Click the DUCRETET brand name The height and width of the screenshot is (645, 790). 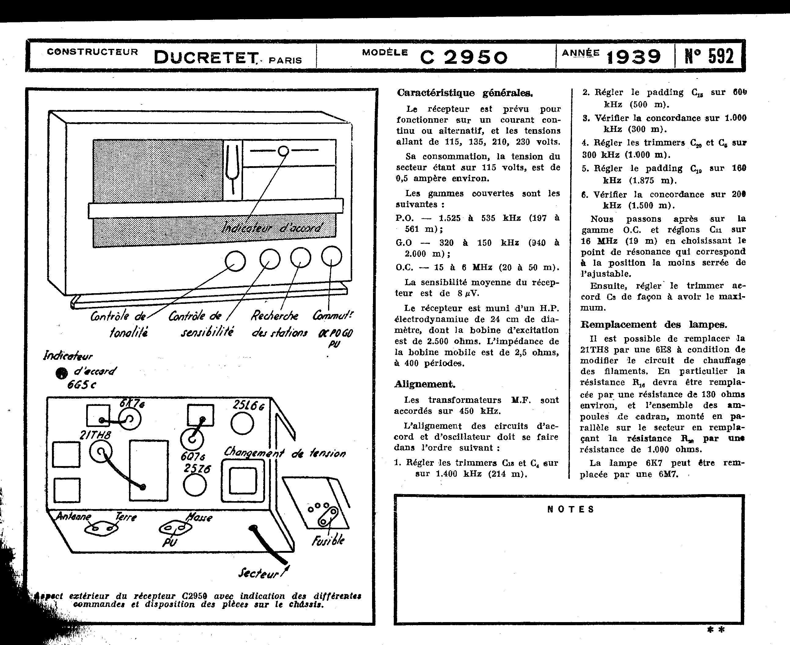pyautogui.click(x=206, y=58)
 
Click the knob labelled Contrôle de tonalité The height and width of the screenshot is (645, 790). pyautogui.click(x=235, y=261)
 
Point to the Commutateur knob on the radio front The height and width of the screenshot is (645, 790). pyautogui.click(x=331, y=256)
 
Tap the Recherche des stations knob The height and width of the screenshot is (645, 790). pyautogui.click(x=301, y=257)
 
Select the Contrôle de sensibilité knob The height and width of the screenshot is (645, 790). pyautogui.click(x=270, y=259)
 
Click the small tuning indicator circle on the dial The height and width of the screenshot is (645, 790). pyautogui.click(x=283, y=151)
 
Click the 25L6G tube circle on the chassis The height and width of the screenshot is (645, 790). pyautogui.click(x=242, y=423)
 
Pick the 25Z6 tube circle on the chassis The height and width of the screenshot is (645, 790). pyautogui.click(x=195, y=485)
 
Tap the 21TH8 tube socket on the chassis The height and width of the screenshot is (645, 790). pyautogui.click(x=100, y=453)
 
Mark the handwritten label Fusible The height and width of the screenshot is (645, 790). pyautogui.click(x=328, y=541)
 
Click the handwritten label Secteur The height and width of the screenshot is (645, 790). pyautogui.click(x=259, y=574)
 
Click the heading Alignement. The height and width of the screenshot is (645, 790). pyautogui.click(x=425, y=384)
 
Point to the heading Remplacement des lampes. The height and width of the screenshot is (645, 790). pyautogui.click(x=654, y=325)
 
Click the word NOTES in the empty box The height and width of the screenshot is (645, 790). pyautogui.click(x=570, y=509)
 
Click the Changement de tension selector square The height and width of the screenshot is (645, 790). pyautogui.click(x=242, y=480)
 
